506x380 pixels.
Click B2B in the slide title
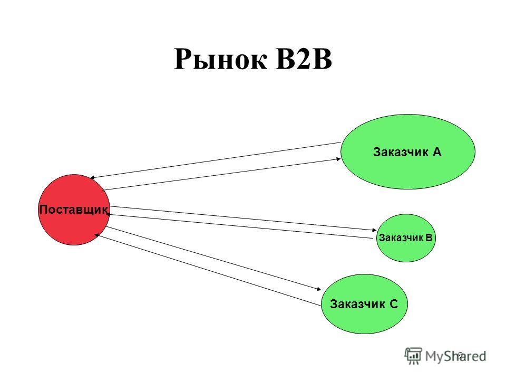[x=304, y=59]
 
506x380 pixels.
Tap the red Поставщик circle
[x=74, y=210]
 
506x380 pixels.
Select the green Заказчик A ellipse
[x=408, y=151]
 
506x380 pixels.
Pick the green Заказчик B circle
[x=406, y=238]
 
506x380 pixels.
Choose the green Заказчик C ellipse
[x=364, y=304]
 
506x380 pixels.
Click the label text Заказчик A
[x=407, y=152]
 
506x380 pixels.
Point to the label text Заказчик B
[x=405, y=238]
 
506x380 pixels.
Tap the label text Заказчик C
[x=364, y=304]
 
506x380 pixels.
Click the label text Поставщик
[x=74, y=210]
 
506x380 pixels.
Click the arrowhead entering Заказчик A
[x=338, y=159]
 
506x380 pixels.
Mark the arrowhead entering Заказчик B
[x=374, y=230]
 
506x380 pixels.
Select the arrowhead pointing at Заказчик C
[x=319, y=289]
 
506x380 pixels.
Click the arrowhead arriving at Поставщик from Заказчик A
[x=92, y=178]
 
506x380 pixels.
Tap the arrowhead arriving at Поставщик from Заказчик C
[x=96, y=235]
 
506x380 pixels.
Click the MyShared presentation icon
[x=413, y=356]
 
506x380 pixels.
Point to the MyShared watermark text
[x=455, y=356]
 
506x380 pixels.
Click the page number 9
[x=461, y=355]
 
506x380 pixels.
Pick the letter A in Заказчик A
[x=436, y=152]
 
